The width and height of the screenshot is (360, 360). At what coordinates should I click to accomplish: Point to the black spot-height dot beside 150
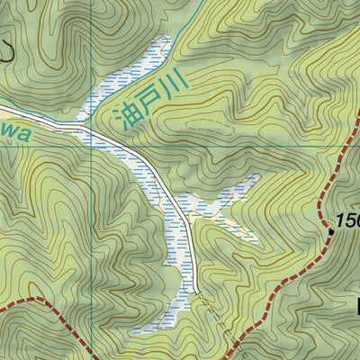[330, 231]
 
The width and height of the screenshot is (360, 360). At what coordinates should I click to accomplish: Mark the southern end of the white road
[195, 291]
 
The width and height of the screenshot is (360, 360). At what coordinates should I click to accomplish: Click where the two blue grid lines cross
[93, 145]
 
